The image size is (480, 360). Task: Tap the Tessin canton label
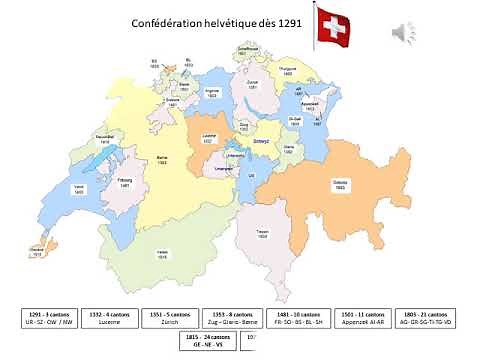pos(262,233)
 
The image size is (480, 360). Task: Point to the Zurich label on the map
pos(252,84)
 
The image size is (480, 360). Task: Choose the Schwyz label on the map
pos(262,142)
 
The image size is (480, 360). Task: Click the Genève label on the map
pos(37,251)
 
